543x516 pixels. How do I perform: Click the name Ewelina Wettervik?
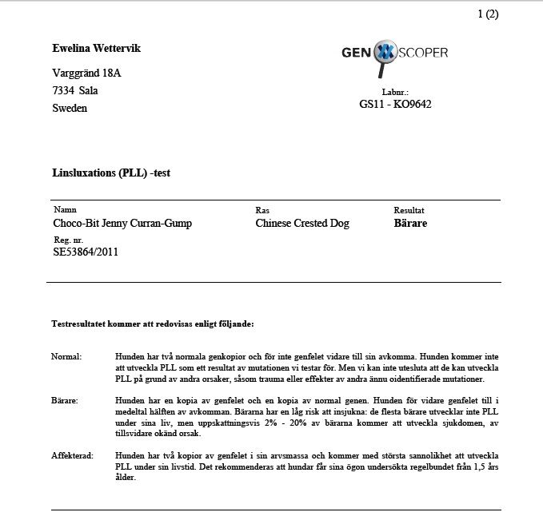96,49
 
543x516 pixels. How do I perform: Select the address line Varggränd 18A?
86,73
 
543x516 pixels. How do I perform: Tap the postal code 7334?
63,90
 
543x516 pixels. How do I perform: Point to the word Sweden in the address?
70,108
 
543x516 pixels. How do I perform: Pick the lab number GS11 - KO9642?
395,104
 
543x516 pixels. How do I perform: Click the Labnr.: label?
395,93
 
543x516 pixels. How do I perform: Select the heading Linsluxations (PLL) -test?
111,172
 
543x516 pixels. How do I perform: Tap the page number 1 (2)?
488,14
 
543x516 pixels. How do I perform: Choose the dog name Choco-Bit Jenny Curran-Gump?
122,224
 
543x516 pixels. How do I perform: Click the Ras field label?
262,210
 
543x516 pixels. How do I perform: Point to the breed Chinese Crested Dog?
302,224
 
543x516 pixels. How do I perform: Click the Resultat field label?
409,210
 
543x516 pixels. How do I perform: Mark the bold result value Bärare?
410,224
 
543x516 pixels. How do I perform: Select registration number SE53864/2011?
86,252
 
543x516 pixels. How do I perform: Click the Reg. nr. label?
67,239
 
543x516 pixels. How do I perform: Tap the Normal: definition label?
66,356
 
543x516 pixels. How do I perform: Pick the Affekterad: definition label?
72,455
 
